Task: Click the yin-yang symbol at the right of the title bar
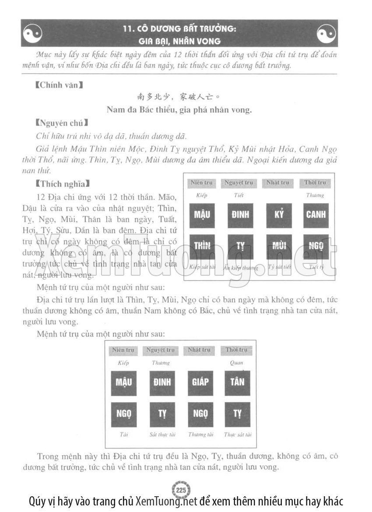coord(326,33)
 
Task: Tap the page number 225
coord(181,489)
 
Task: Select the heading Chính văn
coord(59,85)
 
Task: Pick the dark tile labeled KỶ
coord(279,215)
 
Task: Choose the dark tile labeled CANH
coord(316,215)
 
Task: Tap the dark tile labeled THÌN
coord(202,246)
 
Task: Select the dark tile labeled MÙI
coord(279,246)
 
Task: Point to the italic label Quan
coord(236,363)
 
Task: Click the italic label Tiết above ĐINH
coord(239,195)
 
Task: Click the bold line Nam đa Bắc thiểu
coord(179,110)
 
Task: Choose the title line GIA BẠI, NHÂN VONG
coord(179,42)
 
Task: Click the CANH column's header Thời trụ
coord(315,182)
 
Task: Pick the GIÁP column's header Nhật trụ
coord(199,350)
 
